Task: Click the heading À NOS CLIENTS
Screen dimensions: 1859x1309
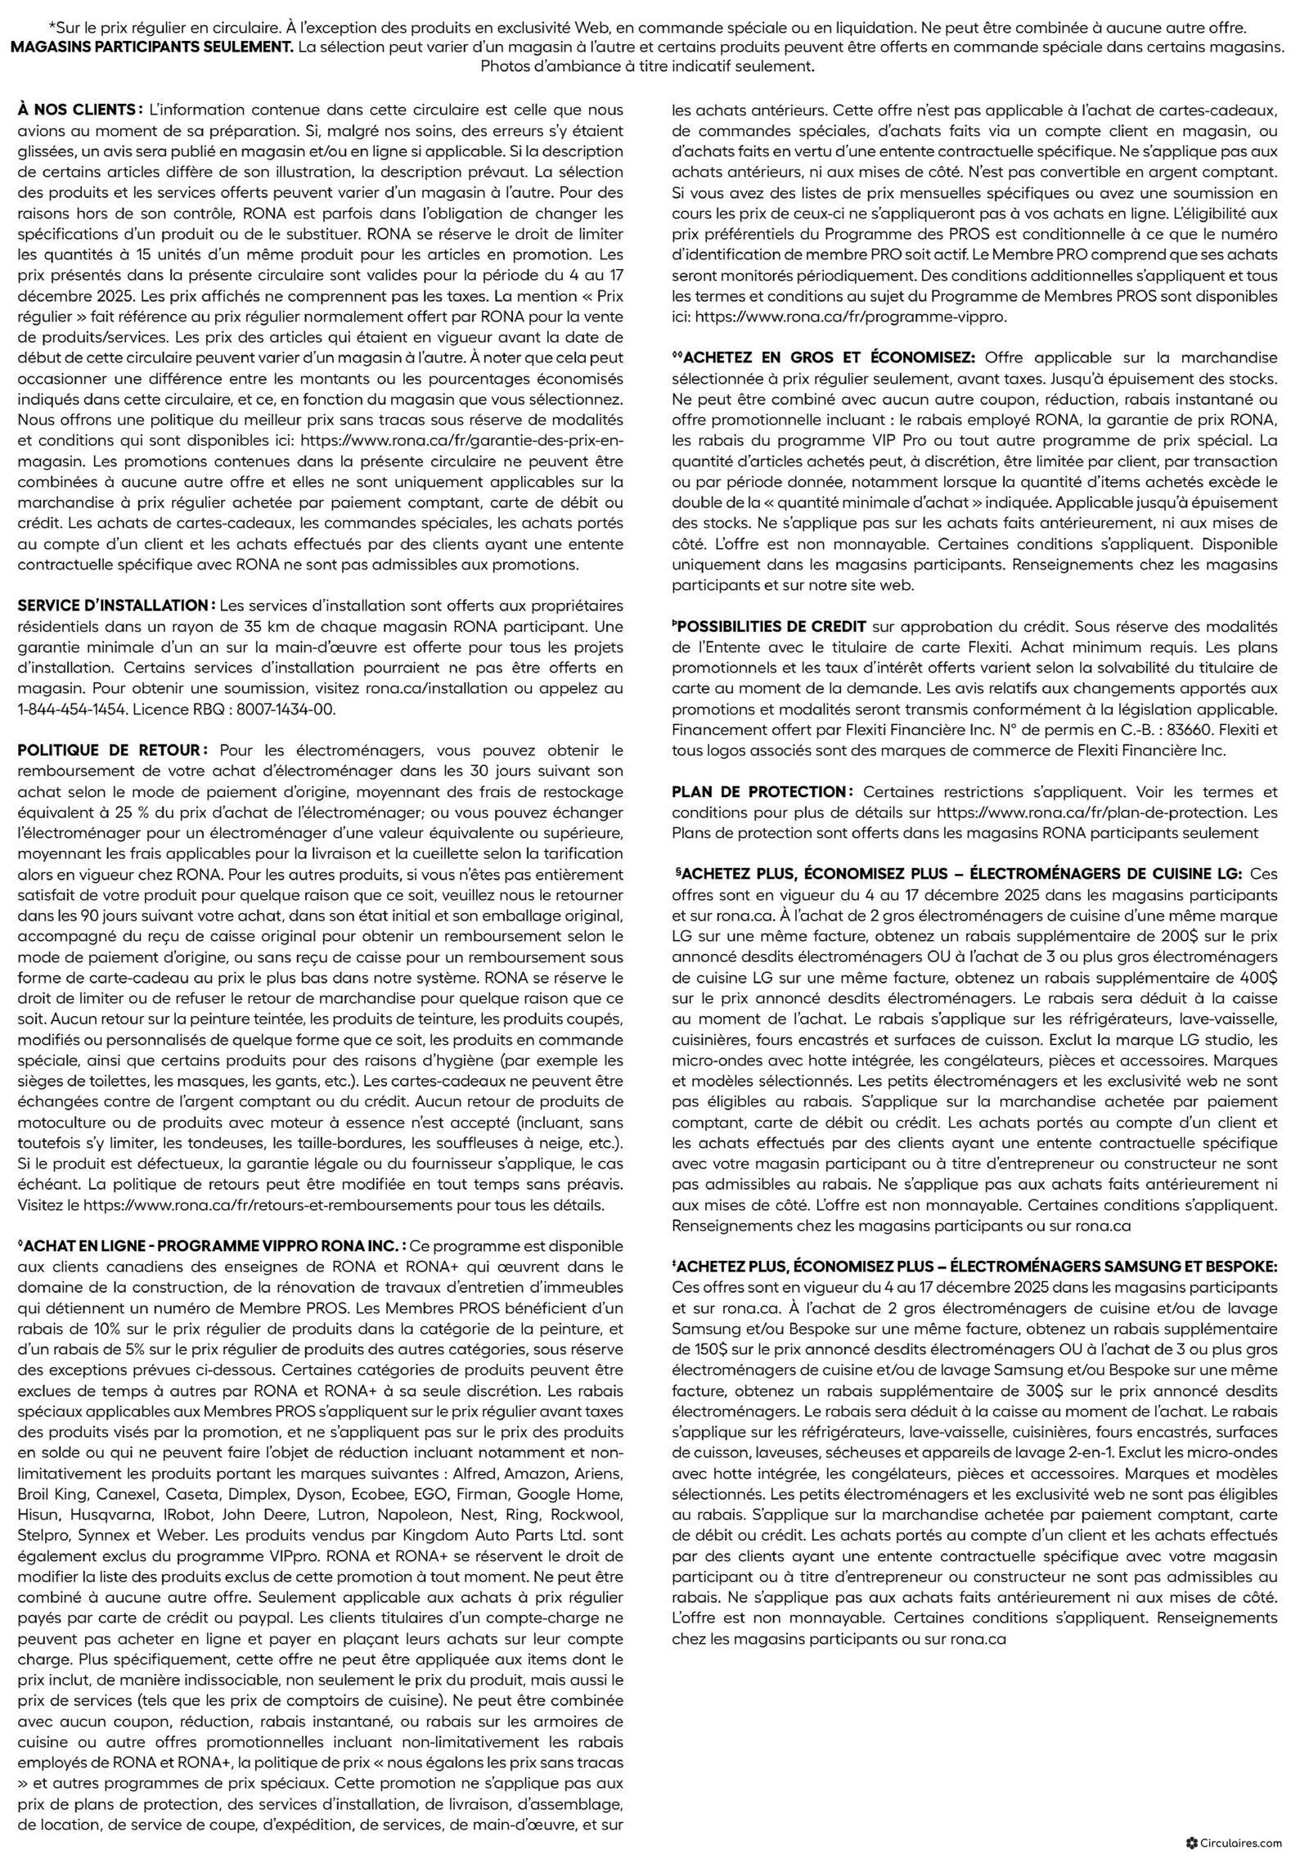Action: coord(79,109)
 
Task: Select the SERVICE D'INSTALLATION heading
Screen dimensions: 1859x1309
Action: coord(116,605)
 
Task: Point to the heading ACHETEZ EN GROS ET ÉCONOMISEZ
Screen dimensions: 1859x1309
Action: coord(829,358)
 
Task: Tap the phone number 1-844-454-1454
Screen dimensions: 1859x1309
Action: coord(70,709)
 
